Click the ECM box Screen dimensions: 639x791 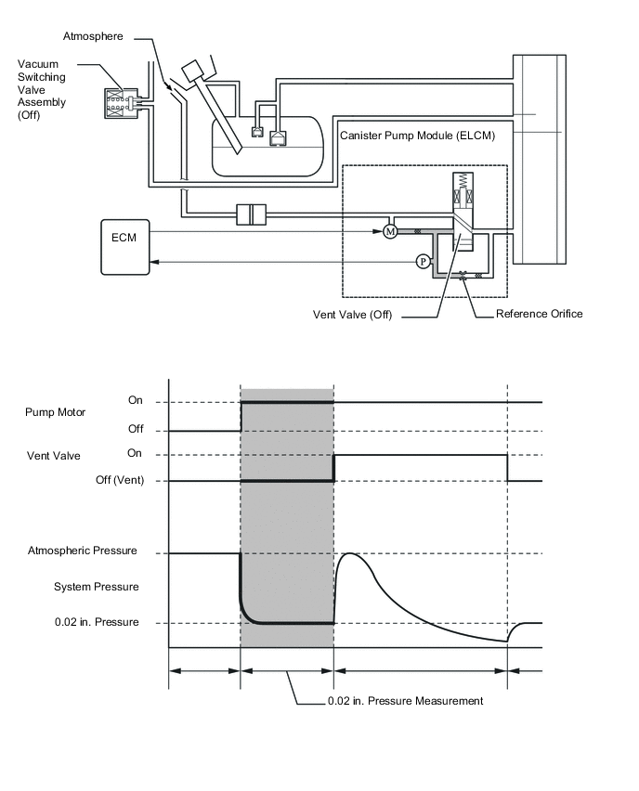(125, 247)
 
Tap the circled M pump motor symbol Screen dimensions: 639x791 (390, 231)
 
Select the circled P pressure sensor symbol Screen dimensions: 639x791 (423, 261)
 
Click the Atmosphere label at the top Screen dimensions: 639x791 (93, 36)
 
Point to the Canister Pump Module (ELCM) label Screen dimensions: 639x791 (417, 136)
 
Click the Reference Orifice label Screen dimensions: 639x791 (539, 314)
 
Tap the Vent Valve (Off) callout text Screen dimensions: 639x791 (352, 315)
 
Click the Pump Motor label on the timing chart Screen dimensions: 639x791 (55, 412)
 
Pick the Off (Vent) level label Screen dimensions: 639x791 (120, 480)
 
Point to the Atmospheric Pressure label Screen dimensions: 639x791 (83, 551)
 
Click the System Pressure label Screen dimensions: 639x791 (97, 587)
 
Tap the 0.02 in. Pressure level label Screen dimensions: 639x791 (97, 622)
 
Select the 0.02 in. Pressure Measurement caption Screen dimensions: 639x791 (405, 701)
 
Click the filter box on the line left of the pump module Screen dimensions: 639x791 (252, 214)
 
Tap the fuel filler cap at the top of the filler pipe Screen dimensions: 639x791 (192, 71)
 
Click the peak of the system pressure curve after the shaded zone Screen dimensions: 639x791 (350, 554)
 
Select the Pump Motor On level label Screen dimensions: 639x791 (136, 400)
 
